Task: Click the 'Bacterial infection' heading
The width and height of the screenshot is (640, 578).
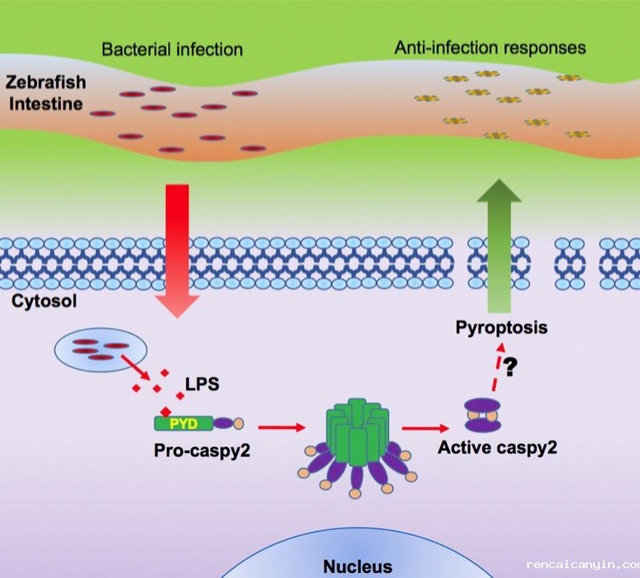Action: [172, 49]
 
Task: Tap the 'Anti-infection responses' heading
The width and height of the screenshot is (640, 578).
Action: [490, 47]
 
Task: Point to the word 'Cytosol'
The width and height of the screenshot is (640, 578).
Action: [44, 301]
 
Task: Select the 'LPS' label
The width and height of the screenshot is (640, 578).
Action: [205, 385]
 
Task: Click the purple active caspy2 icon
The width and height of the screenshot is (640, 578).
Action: [482, 416]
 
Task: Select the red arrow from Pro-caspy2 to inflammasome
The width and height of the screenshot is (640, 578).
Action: [278, 427]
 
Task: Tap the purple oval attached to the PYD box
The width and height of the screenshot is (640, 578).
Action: [223, 423]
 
